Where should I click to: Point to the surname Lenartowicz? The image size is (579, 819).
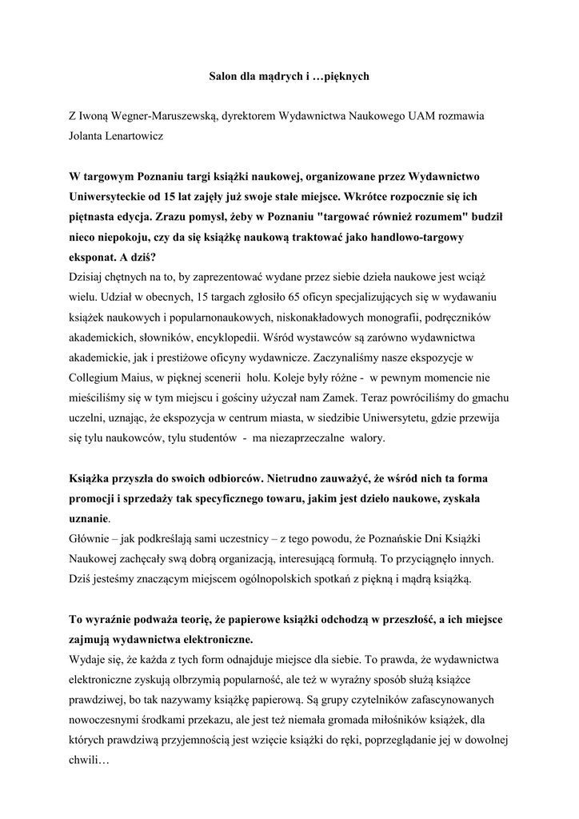coord(132,136)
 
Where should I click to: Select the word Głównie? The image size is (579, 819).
coord(90,538)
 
